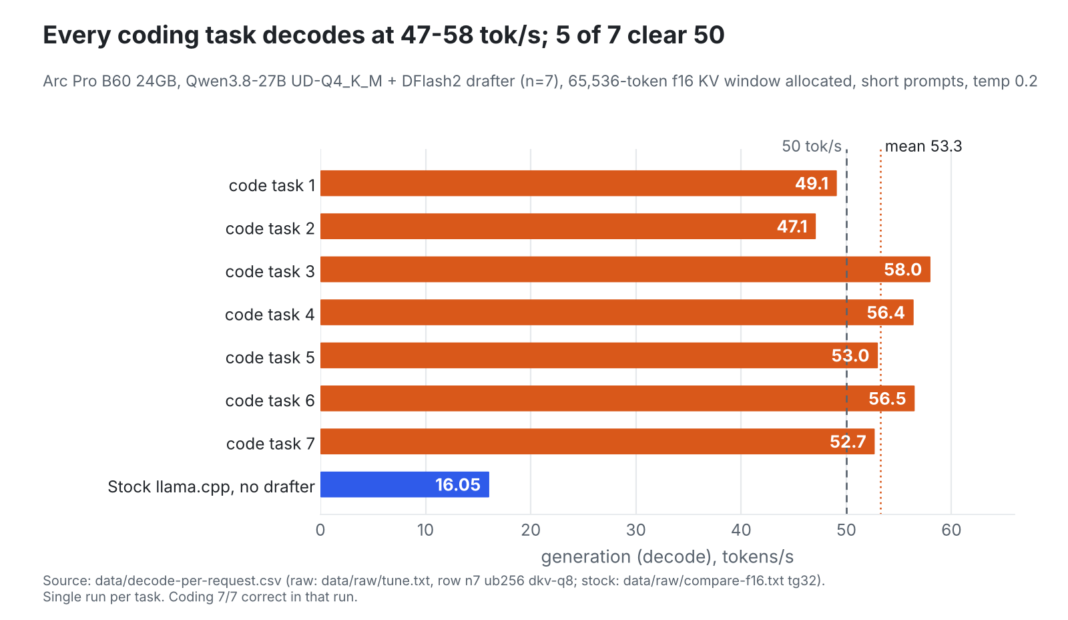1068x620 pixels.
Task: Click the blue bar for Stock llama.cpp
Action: click(405, 484)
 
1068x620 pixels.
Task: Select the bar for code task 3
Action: click(625, 269)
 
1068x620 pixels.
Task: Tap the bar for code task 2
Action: click(568, 226)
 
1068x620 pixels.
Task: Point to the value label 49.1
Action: click(812, 184)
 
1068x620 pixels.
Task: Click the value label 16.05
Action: click(458, 485)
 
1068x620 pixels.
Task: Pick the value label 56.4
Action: click(885, 313)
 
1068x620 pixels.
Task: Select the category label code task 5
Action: click(270, 357)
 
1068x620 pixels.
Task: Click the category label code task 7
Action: click(270, 444)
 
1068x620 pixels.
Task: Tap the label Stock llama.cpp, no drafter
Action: click(211, 487)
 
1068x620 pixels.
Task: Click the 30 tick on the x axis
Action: click(635, 530)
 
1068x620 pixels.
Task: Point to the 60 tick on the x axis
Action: click(951, 530)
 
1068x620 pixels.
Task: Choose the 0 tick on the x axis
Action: click(320, 530)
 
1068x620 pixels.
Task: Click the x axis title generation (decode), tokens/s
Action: click(667, 557)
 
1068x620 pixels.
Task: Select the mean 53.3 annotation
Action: click(924, 146)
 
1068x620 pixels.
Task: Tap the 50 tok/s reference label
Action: click(812, 146)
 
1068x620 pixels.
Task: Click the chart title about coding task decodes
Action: click(384, 35)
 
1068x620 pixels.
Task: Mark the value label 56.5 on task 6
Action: click(887, 399)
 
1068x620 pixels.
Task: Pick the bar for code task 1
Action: click(578, 183)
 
